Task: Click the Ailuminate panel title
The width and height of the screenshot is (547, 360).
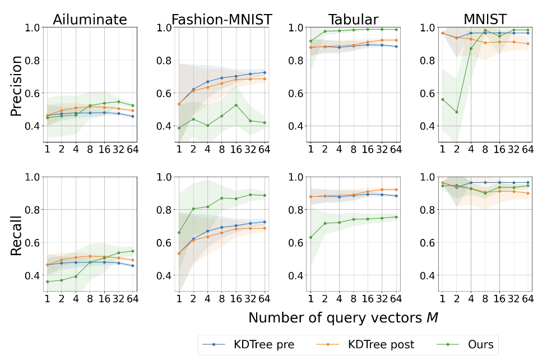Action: pos(90,19)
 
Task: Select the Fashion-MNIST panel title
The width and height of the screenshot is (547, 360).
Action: pos(221,19)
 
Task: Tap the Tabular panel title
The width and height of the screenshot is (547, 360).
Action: pos(353,19)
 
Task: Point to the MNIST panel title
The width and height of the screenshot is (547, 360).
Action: pos(484,19)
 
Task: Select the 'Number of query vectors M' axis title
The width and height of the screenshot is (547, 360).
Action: pos(343,318)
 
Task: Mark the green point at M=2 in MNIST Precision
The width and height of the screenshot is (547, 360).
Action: pos(456,112)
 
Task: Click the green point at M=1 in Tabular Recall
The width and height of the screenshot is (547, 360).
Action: pos(310,237)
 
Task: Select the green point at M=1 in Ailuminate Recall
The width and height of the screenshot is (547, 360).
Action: pos(48,281)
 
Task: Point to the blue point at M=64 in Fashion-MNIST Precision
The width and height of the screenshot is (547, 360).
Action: pos(265,72)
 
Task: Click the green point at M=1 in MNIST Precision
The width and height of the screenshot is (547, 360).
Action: pos(442,99)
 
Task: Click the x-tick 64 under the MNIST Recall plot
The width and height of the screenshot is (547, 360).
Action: pos(527,298)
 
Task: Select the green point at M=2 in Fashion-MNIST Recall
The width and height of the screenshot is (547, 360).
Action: pos(193,209)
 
